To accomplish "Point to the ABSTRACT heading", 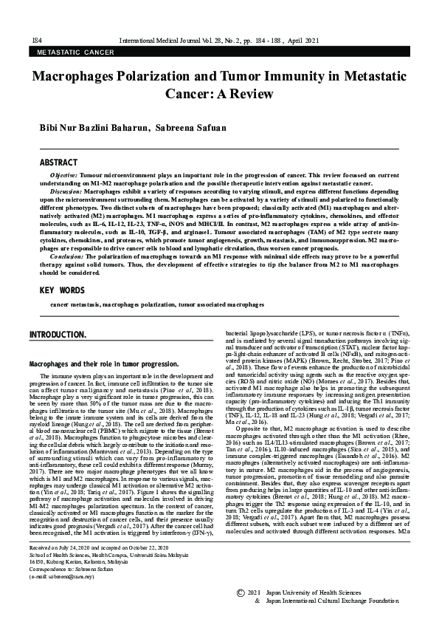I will (58, 162).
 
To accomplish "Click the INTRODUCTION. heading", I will (58, 335).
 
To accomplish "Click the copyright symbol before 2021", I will (240, 593).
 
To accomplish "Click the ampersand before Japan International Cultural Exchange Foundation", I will (257, 601).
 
